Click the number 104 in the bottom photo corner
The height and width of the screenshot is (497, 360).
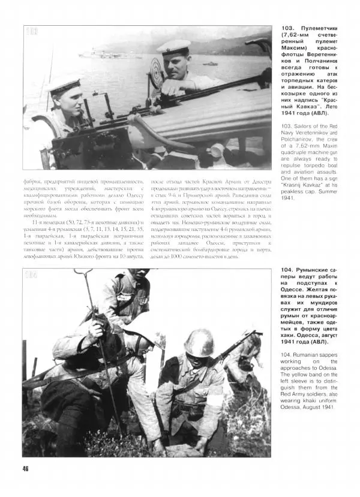click(32, 275)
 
